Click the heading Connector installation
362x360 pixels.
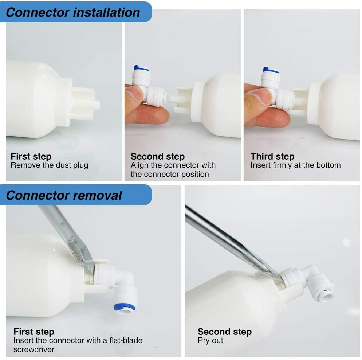coord(73,12)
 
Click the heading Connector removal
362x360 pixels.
coord(64,195)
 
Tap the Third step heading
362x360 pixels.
coord(272,157)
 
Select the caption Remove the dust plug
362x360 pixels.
coord(49,165)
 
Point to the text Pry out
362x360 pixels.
coord(210,341)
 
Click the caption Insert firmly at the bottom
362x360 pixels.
coord(295,165)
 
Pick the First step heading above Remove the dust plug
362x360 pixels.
coord(31,157)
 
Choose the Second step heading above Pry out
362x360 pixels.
coord(224,332)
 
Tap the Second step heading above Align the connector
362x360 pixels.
coord(157,157)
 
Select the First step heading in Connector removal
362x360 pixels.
coord(34,332)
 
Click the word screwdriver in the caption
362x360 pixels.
coord(34,349)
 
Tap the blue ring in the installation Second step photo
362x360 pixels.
coord(141,68)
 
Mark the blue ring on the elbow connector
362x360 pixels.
coord(125,306)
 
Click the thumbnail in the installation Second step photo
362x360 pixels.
coord(134,94)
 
